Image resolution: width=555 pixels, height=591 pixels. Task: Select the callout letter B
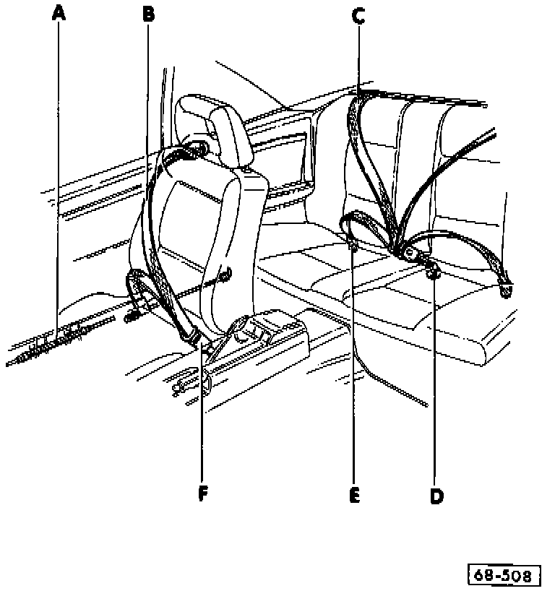point(147,12)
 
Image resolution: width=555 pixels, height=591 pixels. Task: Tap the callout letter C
point(359,15)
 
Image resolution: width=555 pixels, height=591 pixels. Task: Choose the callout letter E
point(353,495)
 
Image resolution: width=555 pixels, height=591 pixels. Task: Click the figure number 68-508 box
point(505,575)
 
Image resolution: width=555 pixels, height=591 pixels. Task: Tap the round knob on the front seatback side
point(225,273)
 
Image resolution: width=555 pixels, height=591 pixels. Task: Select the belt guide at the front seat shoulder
point(195,150)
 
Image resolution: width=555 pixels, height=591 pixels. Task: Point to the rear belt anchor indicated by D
point(435,272)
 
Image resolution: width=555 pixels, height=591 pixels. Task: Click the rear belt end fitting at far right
point(505,290)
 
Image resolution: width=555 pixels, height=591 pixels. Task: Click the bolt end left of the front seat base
point(133,316)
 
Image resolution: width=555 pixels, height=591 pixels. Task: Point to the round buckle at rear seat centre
point(409,252)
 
